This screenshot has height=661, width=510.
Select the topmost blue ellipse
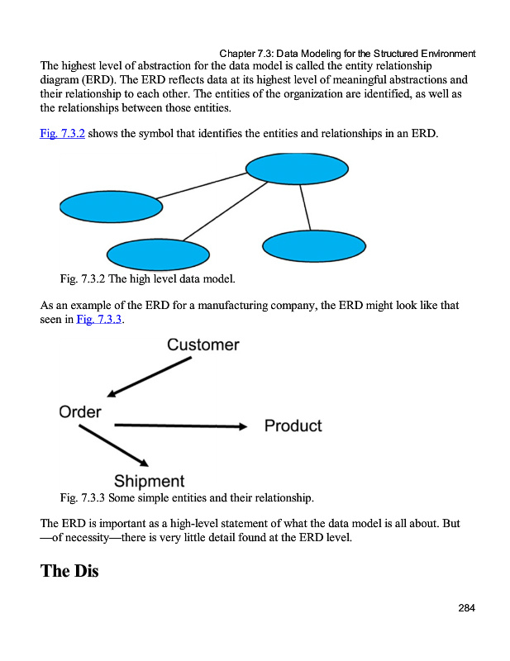point(298,169)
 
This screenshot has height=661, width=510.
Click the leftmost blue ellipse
point(111,207)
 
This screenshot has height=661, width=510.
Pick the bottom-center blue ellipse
point(158,255)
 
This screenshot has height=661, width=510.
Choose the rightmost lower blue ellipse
point(313,245)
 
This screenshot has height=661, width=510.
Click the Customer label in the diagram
point(203,345)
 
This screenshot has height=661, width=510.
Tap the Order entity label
point(80,411)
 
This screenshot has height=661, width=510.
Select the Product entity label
point(293,426)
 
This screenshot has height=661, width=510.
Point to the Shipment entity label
point(149,481)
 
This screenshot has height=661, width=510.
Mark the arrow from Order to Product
point(180,426)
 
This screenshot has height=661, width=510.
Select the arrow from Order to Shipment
point(113,446)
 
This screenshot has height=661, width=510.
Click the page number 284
point(466,608)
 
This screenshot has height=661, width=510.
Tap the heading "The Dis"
point(69,570)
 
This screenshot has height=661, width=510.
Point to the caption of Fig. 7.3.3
point(187,498)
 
